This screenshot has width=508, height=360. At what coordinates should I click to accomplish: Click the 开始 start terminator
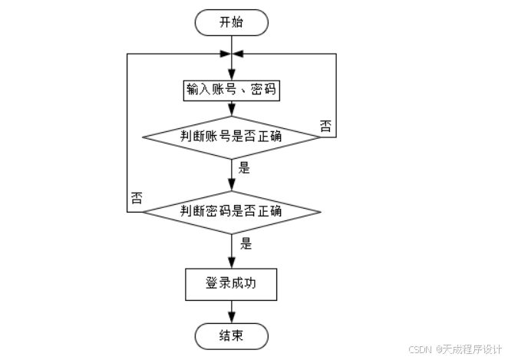(x=232, y=22)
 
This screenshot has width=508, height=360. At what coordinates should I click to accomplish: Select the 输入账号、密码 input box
(x=232, y=89)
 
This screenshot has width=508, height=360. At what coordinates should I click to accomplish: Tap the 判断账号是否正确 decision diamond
(x=232, y=137)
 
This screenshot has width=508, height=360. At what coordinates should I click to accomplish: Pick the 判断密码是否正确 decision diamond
(x=232, y=211)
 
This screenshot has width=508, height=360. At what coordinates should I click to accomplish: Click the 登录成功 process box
(x=232, y=284)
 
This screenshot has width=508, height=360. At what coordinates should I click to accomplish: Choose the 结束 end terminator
(x=232, y=335)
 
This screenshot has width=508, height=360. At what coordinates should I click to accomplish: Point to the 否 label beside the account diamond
(x=325, y=126)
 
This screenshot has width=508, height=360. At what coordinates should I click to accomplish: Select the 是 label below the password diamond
(x=247, y=244)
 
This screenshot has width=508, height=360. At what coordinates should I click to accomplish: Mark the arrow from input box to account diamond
(x=232, y=109)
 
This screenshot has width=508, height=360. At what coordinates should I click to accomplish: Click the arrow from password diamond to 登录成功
(x=232, y=249)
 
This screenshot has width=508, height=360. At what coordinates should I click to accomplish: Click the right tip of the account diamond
(x=319, y=137)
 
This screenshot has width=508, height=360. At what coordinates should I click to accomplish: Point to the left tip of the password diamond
(x=145, y=211)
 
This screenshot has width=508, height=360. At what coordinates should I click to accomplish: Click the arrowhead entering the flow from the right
(x=238, y=54)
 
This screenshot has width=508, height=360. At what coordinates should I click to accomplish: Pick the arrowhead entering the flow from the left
(x=226, y=54)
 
